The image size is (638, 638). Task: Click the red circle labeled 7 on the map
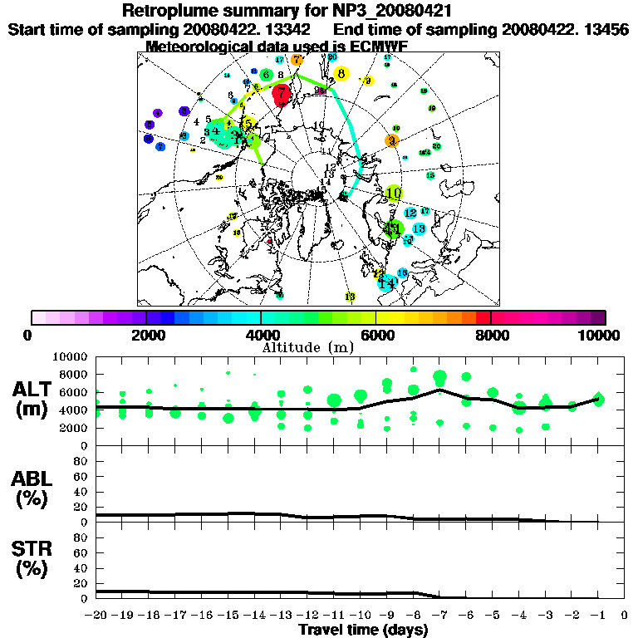pos(282,95)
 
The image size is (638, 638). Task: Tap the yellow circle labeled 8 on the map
pos(341,74)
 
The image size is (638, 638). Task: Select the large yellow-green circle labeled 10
pos(394,194)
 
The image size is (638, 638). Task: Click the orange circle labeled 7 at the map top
pos(297,60)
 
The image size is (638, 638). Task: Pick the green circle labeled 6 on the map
pos(266,75)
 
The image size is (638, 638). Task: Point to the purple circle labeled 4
pos(157,113)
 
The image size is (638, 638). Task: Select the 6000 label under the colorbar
pos(376,335)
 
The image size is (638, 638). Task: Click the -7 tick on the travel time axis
pos(439,616)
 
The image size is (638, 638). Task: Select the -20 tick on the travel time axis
pos(97,616)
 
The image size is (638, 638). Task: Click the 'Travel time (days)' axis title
pos(363,631)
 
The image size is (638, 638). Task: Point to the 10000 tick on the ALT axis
pos(72,356)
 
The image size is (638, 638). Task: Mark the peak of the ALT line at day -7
pos(440,390)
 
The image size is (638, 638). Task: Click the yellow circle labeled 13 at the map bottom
pos(350,297)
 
